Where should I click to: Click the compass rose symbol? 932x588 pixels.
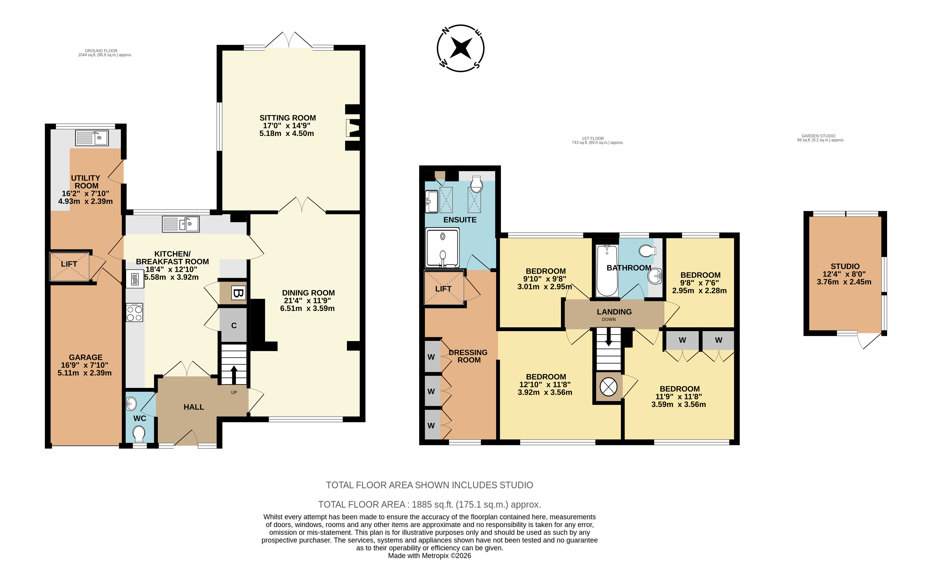point(461,48)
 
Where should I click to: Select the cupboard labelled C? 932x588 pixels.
point(233,325)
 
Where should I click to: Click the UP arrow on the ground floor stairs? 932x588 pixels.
point(234,375)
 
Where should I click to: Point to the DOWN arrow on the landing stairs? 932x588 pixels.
point(609,337)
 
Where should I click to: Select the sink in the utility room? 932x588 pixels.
point(92,138)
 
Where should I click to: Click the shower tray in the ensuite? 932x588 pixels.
point(442,247)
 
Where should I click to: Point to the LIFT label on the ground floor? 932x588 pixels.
point(69,264)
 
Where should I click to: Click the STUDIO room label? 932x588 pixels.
point(845,266)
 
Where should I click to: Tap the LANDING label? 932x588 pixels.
point(614,312)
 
